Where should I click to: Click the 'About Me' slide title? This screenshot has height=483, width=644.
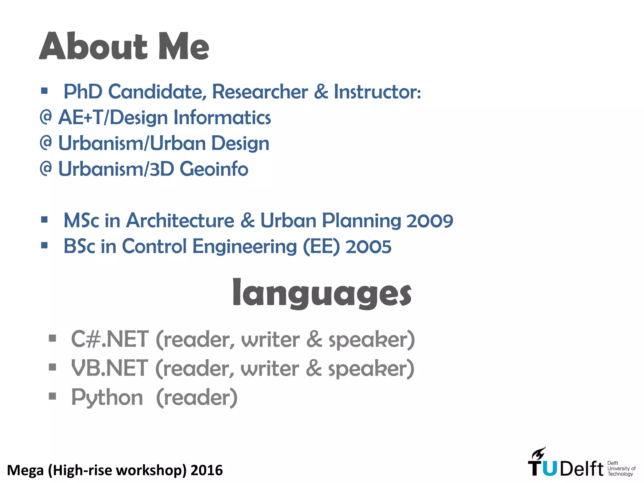(x=124, y=46)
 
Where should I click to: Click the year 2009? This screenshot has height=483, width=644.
(x=430, y=221)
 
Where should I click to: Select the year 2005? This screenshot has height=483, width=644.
(x=368, y=247)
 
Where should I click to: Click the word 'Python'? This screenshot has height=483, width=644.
(x=107, y=397)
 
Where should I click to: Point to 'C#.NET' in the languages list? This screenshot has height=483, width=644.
(x=109, y=340)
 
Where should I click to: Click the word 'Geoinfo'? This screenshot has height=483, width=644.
(x=214, y=169)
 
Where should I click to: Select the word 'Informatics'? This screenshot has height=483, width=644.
(x=222, y=118)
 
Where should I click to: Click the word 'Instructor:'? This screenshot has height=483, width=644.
(x=377, y=92)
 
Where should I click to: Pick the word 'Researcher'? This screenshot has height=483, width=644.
(x=260, y=92)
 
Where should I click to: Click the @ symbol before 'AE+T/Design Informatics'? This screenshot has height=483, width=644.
(x=46, y=117)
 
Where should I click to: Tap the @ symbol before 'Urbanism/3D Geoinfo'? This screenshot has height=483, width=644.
(x=46, y=169)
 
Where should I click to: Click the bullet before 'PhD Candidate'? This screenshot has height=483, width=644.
(x=44, y=91)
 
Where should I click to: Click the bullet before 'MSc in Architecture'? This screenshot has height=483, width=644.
(x=44, y=219)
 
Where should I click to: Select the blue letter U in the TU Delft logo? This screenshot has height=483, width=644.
(x=549, y=469)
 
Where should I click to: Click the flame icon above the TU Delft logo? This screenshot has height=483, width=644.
(x=538, y=453)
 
